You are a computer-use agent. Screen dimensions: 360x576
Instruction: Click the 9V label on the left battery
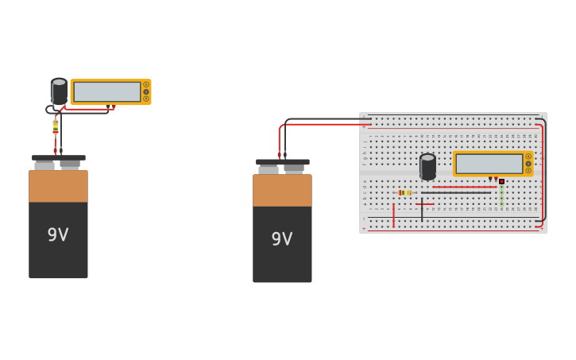58,235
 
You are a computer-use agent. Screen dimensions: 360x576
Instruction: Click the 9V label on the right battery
282,239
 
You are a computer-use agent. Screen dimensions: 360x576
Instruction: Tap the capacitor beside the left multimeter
59,91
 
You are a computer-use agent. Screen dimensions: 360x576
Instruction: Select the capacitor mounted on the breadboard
427,166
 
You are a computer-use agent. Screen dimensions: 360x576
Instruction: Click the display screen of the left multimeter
106,92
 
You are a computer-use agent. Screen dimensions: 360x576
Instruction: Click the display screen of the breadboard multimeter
489,164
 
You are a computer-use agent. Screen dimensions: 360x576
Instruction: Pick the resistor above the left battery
56,126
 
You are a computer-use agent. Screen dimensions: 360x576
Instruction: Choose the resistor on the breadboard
405,192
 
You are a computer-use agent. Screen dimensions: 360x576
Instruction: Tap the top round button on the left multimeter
146,84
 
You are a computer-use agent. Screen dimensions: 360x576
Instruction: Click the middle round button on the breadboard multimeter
528,164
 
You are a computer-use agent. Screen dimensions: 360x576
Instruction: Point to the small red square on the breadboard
501,181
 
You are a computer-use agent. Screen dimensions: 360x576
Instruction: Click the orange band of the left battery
58,186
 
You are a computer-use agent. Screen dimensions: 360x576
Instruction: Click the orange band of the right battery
282,190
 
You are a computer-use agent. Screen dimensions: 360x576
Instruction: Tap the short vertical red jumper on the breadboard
393,214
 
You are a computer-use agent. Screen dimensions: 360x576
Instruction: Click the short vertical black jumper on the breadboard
422,211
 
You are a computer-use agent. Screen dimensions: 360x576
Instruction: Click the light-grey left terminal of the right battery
269,168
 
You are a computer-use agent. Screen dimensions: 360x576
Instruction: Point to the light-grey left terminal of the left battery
44,165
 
